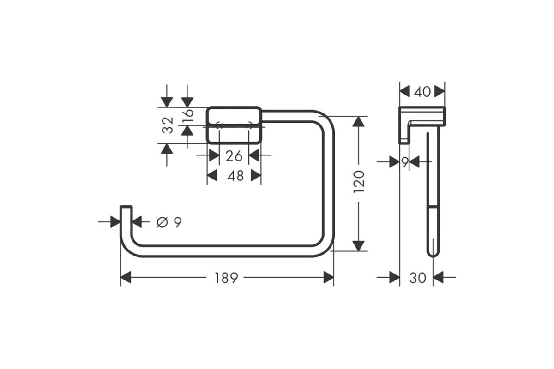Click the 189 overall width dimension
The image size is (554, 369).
pyautogui.click(x=226, y=278)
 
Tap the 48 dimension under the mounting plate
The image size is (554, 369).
pyautogui.click(x=235, y=176)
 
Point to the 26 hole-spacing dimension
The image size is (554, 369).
pyautogui.click(x=234, y=156)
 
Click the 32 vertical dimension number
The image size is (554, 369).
pyautogui.click(x=168, y=125)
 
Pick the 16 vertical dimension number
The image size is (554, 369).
pyautogui.click(x=188, y=116)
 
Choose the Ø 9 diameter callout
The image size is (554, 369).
pyautogui.click(x=169, y=222)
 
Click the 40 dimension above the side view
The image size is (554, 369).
pyautogui.click(x=422, y=92)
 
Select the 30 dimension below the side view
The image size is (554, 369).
pyautogui.click(x=418, y=278)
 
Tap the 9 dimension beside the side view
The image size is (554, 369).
pyautogui.click(x=405, y=162)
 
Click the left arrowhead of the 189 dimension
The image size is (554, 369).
pyautogui.click(x=126, y=277)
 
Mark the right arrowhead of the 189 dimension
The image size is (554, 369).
pyautogui.click(x=329, y=277)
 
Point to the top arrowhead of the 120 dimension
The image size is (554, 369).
pyautogui.click(x=358, y=122)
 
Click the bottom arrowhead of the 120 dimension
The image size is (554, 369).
pyautogui.click(x=358, y=246)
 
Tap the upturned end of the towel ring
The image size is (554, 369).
pyautogui.click(x=126, y=207)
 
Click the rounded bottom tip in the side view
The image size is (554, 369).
pyautogui.click(x=433, y=255)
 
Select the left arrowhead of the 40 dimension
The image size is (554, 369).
pyautogui.click(x=405, y=92)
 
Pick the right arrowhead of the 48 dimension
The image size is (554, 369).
pyautogui.click(x=256, y=175)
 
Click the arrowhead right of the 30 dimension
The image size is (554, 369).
pyautogui.click(x=438, y=277)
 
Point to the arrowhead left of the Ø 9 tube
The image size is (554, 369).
pyautogui.click(x=115, y=222)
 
